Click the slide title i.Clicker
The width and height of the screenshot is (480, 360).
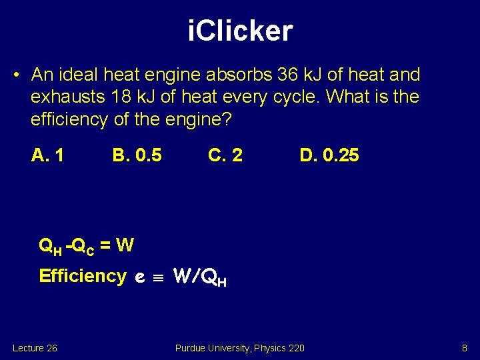click(240, 31)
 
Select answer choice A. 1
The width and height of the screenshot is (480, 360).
click(48, 155)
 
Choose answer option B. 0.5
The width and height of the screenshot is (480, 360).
click(137, 155)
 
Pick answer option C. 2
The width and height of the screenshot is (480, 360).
click(225, 155)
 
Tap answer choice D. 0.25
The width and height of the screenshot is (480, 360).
click(329, 155)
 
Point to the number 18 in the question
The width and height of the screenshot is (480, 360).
click(123, 97)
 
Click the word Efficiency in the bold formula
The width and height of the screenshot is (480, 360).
click(83, 275)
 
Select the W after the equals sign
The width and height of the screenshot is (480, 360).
click(125, 246)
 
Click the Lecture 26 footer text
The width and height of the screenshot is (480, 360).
click(35, 348)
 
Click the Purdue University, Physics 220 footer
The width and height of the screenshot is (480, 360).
click(239, 348)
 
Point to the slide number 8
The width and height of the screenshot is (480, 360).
click(464, 348)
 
